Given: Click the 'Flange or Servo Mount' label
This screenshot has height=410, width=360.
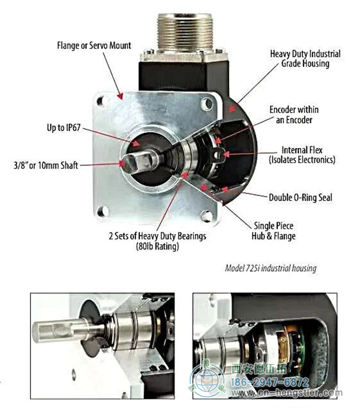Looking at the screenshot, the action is click(94, 45).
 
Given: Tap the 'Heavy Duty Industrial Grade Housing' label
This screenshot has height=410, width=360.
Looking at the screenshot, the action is click(305, 59).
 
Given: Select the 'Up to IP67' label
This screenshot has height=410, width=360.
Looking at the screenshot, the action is click(64, 128).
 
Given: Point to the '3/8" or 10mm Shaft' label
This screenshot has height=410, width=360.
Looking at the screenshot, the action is click(46, 165).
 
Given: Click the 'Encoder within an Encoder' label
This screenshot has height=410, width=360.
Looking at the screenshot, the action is click(294, 115).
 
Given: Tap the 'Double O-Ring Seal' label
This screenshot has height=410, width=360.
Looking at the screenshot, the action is click(301, 197).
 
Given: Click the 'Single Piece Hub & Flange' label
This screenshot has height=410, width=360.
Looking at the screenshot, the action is click(274, 231).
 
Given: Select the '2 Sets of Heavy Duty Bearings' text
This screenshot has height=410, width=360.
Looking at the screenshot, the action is click(157, 236).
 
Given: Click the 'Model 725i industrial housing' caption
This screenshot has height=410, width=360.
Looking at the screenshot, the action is click(271, 268).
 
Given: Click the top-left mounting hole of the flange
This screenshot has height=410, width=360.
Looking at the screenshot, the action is click(101, 101).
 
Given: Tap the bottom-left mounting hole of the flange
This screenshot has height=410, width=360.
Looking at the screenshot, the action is click(103, 211).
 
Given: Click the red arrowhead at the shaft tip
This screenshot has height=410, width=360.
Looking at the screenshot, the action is click(121, 163).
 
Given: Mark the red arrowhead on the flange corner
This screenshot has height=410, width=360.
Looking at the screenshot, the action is click(120, 96).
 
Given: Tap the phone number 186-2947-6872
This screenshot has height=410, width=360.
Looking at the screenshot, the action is click(270, 382).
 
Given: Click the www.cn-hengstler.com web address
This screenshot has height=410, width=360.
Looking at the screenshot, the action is click(286, 393).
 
